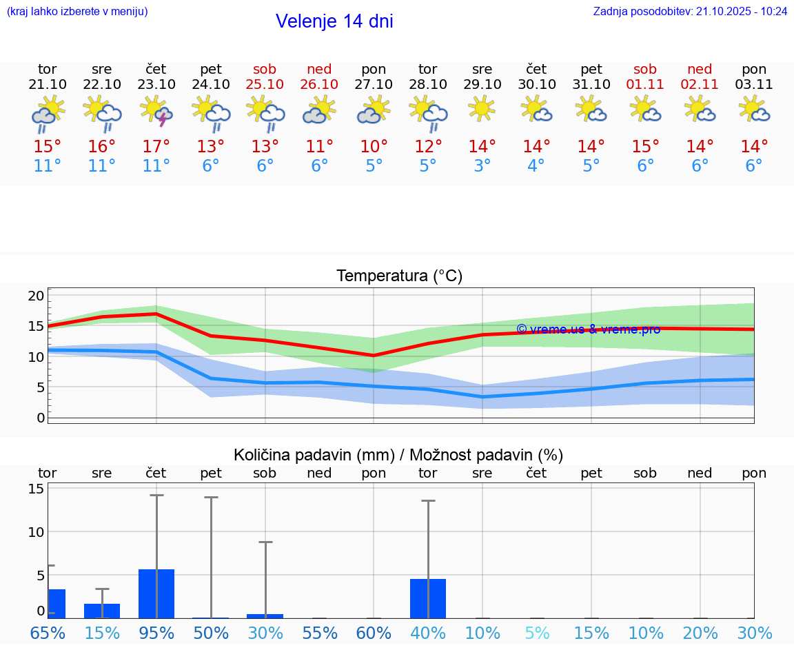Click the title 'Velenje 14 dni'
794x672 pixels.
point(334,21)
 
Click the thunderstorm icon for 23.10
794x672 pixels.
point(156,111)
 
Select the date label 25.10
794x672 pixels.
point(265,84)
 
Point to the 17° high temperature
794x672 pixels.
point(156,147)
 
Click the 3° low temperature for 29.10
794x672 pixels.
point(482,166)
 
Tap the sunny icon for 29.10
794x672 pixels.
point(482,108)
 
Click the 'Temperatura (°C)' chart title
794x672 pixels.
point(399,276)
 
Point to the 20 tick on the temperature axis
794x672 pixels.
point(36,296)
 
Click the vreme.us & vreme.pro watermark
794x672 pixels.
point(588,329)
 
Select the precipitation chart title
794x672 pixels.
point(398,455)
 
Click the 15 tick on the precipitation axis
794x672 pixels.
point(36,489)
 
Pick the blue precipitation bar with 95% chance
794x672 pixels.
point(156,593)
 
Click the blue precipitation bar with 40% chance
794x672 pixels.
point(427,598)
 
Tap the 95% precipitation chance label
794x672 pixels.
point(156,633)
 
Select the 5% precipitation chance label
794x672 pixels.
point(536,633)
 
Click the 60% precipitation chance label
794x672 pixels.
point(374,633)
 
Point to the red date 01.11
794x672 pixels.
point(645,84)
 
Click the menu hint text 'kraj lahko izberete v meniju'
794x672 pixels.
point(77,11)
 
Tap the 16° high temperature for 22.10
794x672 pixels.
point(102,147)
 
